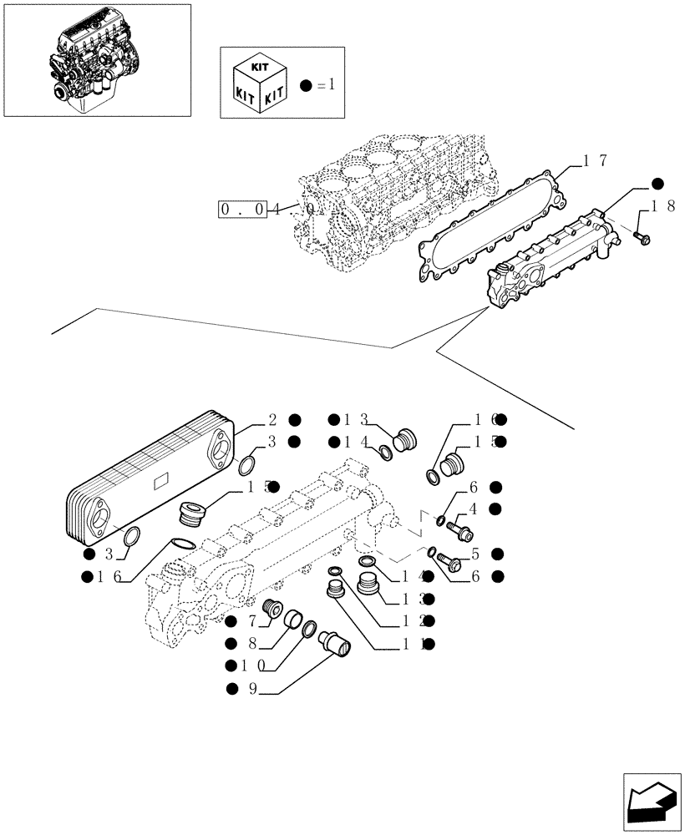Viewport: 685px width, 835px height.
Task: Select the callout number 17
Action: click(x=595, y=161)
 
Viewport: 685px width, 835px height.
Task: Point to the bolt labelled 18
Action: click(x=642, y=238)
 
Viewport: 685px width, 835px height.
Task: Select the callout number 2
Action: click(x=272, y=420)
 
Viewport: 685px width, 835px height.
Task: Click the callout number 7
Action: click(x=251, y=620)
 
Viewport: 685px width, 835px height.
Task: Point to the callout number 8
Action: click(x=251, y=643)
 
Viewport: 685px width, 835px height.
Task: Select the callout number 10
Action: click(x=256, y=665)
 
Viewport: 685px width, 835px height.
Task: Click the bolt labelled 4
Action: click(x=458, y=529)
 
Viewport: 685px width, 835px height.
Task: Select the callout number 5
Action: click(x=474, y=553)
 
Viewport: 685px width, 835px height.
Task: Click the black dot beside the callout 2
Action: click(x=296, y=420)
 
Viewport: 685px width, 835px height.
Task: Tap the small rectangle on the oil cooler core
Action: click(x=161, y=481)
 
